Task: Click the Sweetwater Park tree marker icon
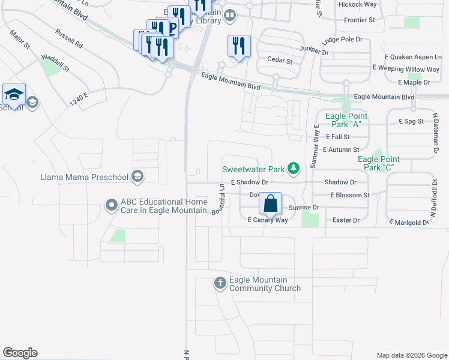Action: click(x=294, y=169)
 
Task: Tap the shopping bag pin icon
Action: click(x=271, y=203)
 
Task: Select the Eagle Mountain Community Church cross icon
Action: click(x=220, y=283)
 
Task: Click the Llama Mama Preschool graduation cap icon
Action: click(x=137, y=176)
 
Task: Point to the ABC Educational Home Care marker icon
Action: click(x=111, y=205)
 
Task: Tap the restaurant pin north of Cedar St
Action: click(x=238, y=46)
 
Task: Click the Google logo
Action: click(x=20, y=353)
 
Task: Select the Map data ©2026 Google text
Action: click(x=411, y=355)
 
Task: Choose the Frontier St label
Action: click(x=360, y=20)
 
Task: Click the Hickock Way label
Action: click(x=357, y=4)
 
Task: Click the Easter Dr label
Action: click(x=346, y=220)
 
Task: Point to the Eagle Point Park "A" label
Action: click(x=346, y=120)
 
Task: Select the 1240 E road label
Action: click(x=79, y=100)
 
